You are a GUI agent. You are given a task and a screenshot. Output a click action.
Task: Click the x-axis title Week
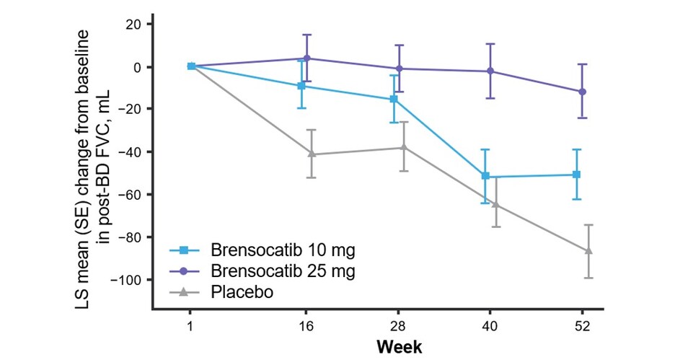399,346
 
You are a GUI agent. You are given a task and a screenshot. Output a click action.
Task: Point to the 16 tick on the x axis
306,325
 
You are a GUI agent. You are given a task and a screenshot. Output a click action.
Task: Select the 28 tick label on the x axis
399,325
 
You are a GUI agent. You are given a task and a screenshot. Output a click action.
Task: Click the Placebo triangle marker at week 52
588,250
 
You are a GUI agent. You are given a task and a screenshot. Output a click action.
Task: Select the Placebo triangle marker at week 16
312,154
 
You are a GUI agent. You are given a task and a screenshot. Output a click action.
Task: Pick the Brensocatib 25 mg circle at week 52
582,92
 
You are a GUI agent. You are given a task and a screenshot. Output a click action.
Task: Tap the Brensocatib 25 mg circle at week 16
306,58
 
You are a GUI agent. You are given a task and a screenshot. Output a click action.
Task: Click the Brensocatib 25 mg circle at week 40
490,71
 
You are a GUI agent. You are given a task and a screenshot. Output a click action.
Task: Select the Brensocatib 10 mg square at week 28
394,99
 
